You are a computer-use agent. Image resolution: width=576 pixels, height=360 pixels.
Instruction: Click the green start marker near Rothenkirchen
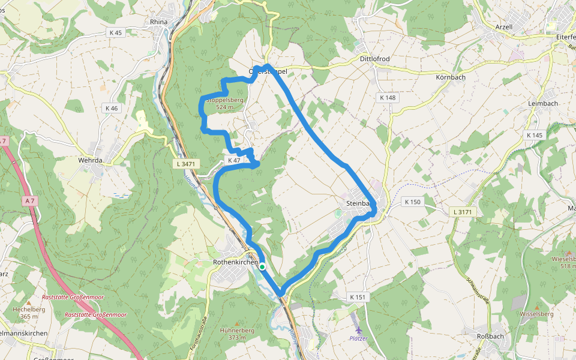(x=262, y=266)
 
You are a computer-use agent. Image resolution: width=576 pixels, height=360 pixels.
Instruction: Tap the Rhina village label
(x=158, y=22)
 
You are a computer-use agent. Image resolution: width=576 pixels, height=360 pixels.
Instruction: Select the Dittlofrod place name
(x=374, y=59)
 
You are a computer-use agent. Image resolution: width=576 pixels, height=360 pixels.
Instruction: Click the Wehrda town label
(x=91, y=161)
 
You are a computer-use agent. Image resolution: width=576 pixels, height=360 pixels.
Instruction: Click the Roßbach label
(x=490, y=336)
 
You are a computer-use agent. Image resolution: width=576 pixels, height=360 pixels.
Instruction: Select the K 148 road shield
(x=388, y=97)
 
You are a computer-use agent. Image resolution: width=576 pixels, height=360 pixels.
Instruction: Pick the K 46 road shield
(x=111, y=108)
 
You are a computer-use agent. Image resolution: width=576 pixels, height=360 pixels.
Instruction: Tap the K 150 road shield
(x=413, y=202)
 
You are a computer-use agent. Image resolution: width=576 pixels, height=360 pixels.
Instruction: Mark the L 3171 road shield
(x=463, y=212)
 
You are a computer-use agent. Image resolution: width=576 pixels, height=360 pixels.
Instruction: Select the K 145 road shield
(x=534, y=135)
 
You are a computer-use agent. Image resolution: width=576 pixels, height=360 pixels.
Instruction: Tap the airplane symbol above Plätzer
(x=359, y=329)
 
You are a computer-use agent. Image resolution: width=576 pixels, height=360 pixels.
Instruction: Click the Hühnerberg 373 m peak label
(x=238, y=334)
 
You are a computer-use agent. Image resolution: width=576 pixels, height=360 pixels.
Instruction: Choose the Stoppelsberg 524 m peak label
(x=224, y=103)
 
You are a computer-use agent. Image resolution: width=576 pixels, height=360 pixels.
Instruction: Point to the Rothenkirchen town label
(x=235, y=263)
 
